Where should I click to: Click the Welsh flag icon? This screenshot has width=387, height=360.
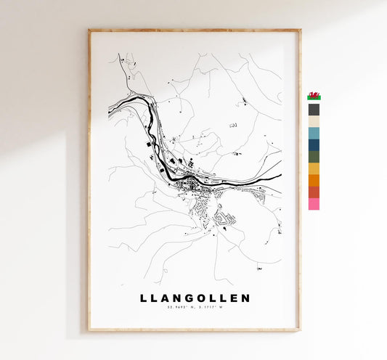(314, 96)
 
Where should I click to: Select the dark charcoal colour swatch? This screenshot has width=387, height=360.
(314, 110)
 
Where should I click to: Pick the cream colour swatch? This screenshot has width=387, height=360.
(314, 121)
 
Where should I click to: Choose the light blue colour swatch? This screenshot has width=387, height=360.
(314, 133)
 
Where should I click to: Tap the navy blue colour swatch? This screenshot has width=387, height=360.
(314, 144)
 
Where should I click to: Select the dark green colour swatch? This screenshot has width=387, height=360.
(314, 156)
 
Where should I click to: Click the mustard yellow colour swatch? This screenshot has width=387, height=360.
(314, 168)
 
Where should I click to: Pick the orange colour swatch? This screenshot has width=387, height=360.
(314, 180)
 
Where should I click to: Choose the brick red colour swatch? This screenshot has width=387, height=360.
(314, 192)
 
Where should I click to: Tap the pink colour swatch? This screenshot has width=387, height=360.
(314, 203)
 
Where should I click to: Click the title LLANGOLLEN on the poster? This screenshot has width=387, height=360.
(194, 298)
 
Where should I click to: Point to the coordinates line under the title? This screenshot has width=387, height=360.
(194, 309)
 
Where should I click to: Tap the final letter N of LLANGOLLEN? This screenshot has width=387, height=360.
(245, 298)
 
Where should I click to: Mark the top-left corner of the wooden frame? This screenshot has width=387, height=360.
(89, 30)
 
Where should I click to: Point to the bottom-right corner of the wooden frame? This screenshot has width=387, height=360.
(299, 330)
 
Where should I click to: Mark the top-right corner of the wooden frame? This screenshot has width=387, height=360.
(299, 30)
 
